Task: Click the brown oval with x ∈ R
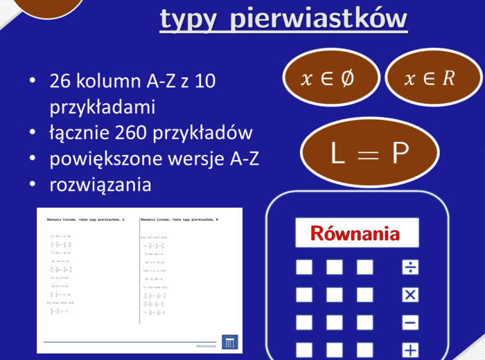pyautogui.click(x=429, y=78)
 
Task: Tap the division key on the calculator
pyautogui.click(x=410, y=267)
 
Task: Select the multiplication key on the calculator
pyautogui.click(x=410, y=295)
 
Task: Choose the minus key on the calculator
pyautogui.click(x=410, y=323)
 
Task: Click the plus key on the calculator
pyautogui.click(x=410, y=350)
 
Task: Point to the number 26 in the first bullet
pyautogui.click(x=60, y=82)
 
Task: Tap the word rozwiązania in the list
pyautogui.click(x=100, y=185)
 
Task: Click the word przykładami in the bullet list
pyautogui.click(x=103, y=107)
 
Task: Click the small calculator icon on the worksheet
pyautogui.click(x=230, y=342)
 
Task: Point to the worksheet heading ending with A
pyautogui.click(x=86, y=219)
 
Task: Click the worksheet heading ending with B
pyautogui.click(x=179, y=219)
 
